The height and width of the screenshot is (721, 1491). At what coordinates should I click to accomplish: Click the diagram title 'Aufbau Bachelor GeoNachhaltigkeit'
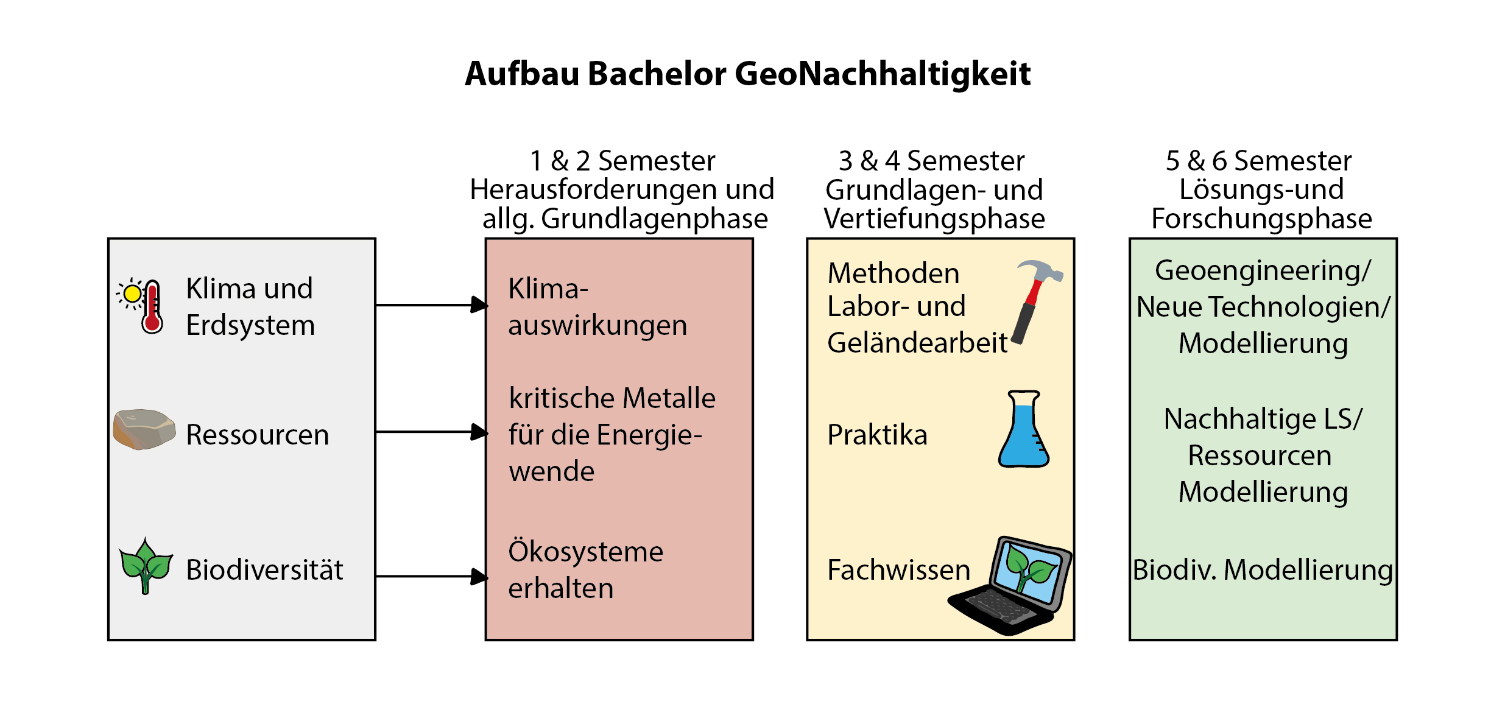tap(747, 74)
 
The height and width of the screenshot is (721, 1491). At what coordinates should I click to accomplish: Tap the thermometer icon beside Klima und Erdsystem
tap(152, 307)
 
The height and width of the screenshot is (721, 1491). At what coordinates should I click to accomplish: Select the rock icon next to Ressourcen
tap(144, 429)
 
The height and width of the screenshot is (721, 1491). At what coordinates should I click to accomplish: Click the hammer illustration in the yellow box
tap(1037, 301)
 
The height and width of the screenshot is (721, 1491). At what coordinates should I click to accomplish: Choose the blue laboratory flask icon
tap(1024, 429)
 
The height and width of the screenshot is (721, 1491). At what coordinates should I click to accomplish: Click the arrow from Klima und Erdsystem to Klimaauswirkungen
tap(432, 305)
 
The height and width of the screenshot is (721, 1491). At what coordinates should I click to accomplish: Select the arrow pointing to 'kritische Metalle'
tap(432, 432)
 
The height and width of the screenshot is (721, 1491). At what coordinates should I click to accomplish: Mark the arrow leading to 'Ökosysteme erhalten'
tap(432, 576)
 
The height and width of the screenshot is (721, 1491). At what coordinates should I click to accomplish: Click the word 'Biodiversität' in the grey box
tap(264, 570)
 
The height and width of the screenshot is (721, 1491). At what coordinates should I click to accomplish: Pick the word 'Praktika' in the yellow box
tap(877, 435)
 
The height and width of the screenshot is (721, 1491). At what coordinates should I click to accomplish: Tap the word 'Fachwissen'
tap(898, 570)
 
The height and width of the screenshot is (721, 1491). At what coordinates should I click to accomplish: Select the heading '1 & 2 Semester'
tap(622, 161)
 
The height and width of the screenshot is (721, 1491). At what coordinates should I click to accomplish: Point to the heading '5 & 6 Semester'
tap(1259, 161)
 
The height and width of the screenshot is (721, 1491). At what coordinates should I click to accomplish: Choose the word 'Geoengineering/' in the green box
tap(1263, 271)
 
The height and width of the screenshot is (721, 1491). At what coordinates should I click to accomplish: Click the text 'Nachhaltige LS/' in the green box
tap(1263, 420)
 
